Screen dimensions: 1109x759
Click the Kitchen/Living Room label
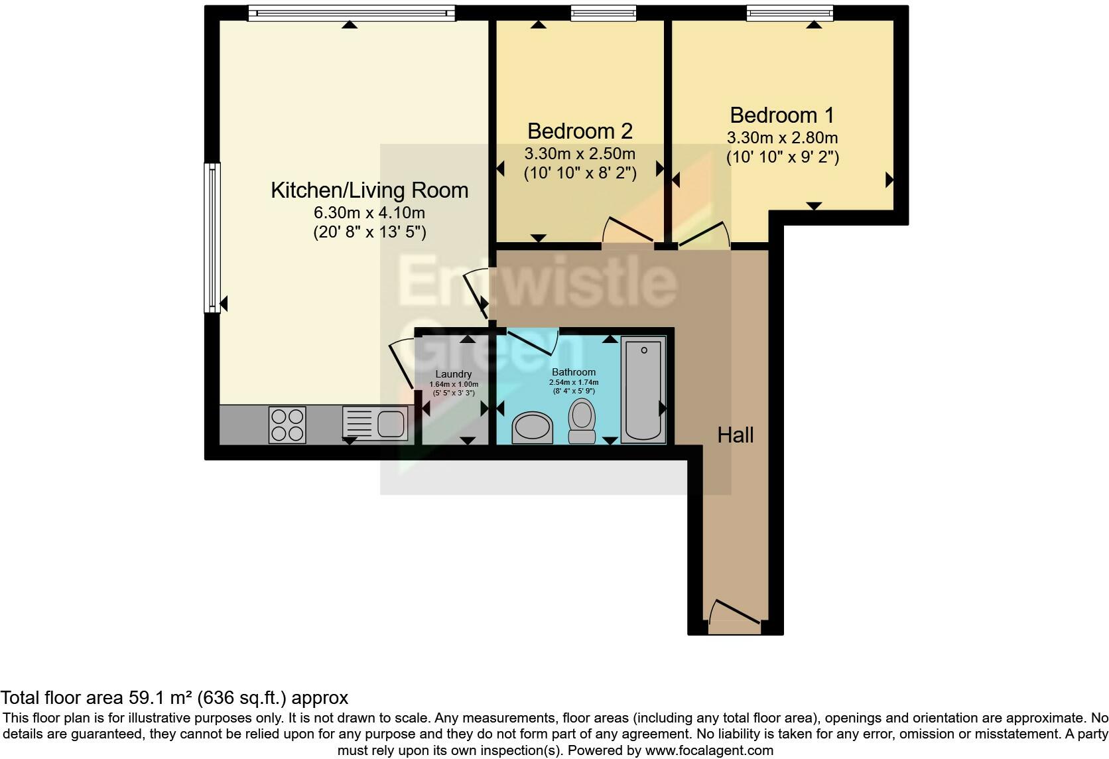click(x=369, y=190)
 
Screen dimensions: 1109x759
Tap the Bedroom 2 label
click(x=580, y=131)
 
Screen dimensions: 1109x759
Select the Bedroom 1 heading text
click(x=782, y=115)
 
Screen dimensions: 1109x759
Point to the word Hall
click(x=735, y=435)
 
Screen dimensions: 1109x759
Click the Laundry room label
click(x=454, y=374)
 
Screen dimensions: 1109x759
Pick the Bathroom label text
click(x=574, y=372)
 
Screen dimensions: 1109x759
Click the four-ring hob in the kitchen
click(x=287, y=425)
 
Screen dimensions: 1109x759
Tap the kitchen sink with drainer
click(x=375, y=424)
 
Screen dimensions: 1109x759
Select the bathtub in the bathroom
click(x=643, y=389)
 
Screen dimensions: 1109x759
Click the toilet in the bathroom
click(x=582, y=421)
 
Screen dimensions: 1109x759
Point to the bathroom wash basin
click(x=532, y=427)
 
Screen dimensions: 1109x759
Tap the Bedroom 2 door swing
click(x=627, y=230)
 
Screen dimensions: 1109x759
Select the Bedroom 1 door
click(x=704, y=234)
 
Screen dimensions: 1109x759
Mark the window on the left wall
click(x=212, y=238)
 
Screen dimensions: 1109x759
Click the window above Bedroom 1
click(x=790, y=13)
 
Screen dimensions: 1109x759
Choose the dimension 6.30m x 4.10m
click(x=369, y=213)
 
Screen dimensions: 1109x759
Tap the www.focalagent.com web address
click(x=709, y=750)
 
